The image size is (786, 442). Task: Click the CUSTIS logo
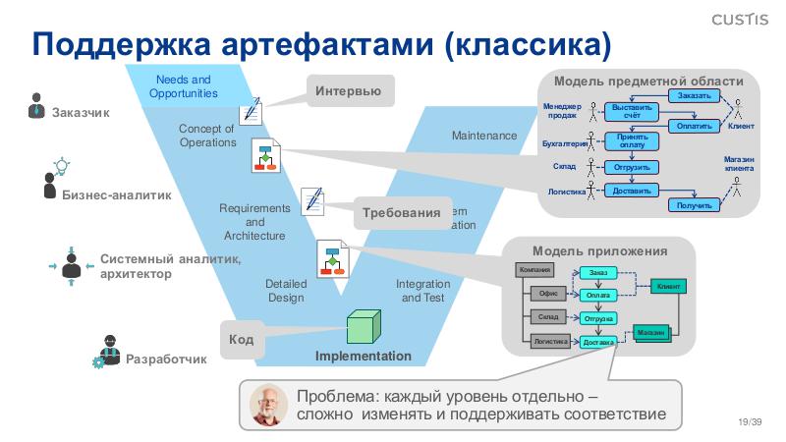click(743, 18)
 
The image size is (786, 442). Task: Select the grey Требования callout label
click(400, 213)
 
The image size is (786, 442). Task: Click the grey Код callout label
click(242, 340)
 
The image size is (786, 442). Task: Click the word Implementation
click(364, 357)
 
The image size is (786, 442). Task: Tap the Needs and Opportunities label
click(183, 86)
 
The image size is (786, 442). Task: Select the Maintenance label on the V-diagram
click(483, 136)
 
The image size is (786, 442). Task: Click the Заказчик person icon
click(35, 105)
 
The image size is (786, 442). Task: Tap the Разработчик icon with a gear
click(106, 352)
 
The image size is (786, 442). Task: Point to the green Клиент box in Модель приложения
click(668, 286)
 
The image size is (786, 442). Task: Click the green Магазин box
click(651, 333)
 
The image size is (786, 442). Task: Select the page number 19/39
click(750, 421)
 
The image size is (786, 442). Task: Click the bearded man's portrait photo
click(268, 404)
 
